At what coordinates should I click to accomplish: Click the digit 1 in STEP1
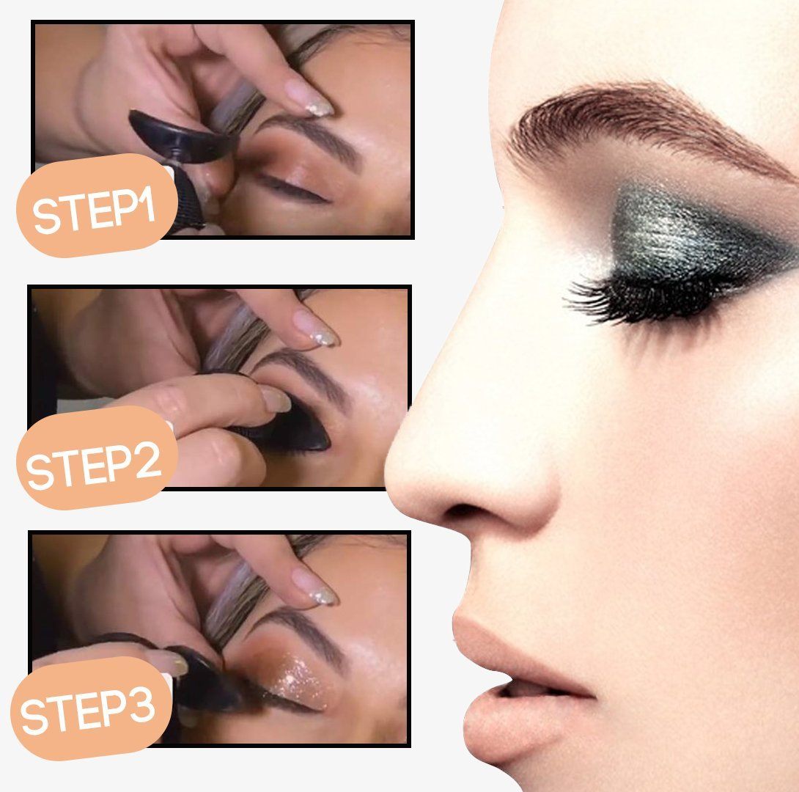point(146,205)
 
